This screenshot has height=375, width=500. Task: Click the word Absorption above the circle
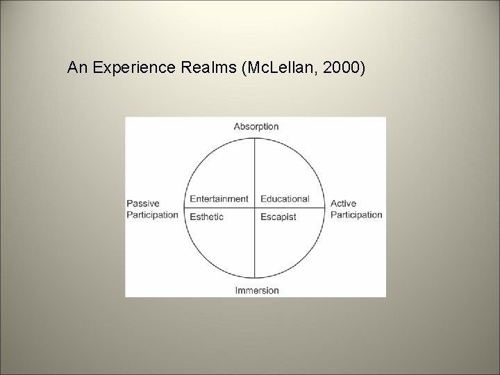256,126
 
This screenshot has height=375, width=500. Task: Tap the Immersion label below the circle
256,290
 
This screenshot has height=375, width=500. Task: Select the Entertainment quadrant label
219,199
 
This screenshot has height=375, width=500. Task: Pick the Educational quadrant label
285,199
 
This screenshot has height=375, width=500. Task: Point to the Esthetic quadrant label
207,217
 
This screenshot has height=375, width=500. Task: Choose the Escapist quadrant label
278,217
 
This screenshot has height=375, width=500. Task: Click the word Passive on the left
142,203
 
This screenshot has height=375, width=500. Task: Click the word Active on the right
343,203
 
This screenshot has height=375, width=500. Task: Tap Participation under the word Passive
152,215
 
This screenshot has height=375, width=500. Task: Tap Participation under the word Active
356,215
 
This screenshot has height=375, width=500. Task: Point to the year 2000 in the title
342,68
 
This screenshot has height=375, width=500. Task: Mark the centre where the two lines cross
256,208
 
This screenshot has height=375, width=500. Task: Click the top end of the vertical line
256,138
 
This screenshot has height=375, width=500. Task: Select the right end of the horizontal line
326,208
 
